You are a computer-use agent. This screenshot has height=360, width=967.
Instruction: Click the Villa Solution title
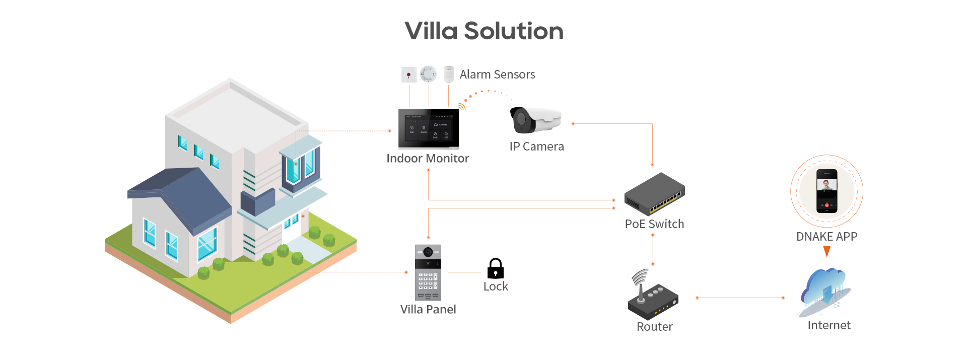484,31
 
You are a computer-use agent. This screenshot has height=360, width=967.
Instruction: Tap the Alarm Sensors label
497,75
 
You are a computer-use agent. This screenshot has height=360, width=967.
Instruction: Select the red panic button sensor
408,75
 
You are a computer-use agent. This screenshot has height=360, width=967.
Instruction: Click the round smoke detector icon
429,74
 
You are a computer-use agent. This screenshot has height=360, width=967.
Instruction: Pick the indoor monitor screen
429,129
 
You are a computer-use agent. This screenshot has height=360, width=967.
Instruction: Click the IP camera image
535,120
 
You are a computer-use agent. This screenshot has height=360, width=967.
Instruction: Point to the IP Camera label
536,147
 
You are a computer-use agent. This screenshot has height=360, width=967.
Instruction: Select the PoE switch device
654,194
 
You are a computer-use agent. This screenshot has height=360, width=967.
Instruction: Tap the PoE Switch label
654,224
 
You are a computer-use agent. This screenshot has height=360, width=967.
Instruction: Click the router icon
653,295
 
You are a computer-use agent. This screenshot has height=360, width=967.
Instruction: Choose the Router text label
654,327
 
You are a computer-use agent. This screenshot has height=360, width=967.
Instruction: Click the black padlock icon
495,268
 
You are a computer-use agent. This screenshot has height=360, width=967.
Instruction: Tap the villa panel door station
428,272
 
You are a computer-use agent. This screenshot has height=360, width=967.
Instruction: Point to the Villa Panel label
428,309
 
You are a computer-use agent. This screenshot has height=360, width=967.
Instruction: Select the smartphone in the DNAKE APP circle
826,191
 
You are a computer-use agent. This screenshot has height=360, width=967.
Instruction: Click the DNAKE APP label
826,237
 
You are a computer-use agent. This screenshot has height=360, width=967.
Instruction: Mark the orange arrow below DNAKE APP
826,251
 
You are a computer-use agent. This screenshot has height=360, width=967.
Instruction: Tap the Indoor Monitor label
428,159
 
